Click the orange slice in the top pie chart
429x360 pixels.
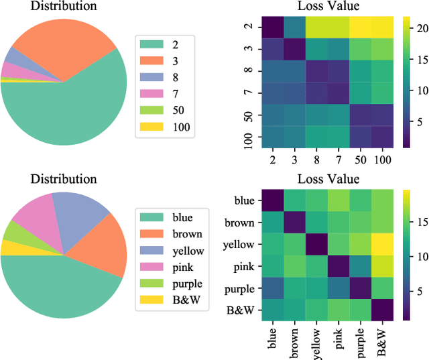click(x=60, y=40)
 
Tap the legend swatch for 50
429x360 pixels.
click(x=151, y=109)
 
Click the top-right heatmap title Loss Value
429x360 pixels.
click(x=326, y=7)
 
